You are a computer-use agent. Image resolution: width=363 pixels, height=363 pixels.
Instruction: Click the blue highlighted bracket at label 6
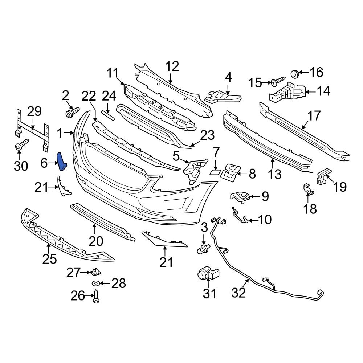[61, 161]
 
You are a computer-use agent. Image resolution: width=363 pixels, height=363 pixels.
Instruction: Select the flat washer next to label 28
[96, 283]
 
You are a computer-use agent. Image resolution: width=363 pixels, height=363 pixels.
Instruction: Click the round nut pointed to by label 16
[295, 74]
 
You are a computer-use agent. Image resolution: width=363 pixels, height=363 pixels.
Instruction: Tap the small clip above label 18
[307, 188]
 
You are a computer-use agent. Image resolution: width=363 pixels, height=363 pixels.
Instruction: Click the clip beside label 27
[96, 271]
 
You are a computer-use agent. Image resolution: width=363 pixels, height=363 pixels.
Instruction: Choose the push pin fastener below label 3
[204, 249]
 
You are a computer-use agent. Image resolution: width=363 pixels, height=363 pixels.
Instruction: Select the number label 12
[172, 66]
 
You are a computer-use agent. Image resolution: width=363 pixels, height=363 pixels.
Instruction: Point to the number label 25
[50, 259]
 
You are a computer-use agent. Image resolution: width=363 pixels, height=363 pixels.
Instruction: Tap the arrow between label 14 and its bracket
[309, 91]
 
